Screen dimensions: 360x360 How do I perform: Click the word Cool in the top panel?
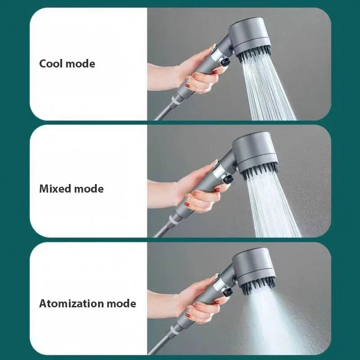(51, 63)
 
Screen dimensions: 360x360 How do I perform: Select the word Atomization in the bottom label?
(71, 303)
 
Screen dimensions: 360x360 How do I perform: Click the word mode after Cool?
(81, 63)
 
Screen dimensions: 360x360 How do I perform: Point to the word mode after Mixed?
(89, 189)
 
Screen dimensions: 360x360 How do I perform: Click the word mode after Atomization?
(121, 303)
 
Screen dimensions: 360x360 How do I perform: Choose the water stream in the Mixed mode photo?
(272, 207)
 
